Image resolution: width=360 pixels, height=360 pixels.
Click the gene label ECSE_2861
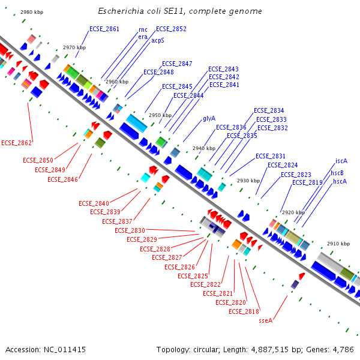pyautogui.click(x=104, y=29)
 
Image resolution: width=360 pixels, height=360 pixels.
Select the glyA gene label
pyautogui.click(x=209, y=118)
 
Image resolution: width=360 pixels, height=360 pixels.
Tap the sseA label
pyautogui.click(x=266, y=320)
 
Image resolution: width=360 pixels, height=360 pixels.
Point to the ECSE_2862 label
pyautogui.click(x=16, y=143)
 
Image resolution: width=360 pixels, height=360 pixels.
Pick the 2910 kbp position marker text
pyautogui.click(x=338, y=244)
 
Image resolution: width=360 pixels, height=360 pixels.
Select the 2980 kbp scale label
pyautogui.click(x=32, y=12)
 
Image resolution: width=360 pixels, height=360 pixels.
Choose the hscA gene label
pyautogui.click(x=340, y=181)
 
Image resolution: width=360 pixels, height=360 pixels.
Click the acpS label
pyautogui.click(x=158, y=41)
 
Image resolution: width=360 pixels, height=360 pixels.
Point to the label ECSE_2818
pyautogui.click(x=244, y=311)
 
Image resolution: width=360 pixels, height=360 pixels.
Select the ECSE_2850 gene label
pyautogui.click(x=38, y=160)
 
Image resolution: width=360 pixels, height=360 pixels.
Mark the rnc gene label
pyautogui.click(x=143, y=29)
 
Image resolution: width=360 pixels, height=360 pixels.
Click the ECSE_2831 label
pyautogui.click(x=271, y=156)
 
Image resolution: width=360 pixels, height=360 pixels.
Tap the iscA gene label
pyautogui.click(x=341, y=161)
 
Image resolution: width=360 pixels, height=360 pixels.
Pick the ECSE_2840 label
pyautogui.click(x=94, y=203)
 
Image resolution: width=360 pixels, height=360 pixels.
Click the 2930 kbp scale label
pyautogui.click(x=248, y=181)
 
